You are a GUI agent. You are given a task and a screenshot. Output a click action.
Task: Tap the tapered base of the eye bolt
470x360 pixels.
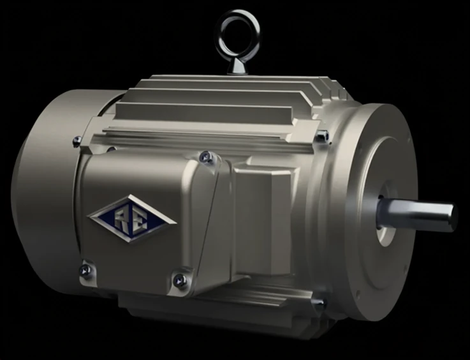(x=237, y=66)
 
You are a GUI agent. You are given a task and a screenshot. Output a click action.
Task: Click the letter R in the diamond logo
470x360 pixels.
(x=122, y=218)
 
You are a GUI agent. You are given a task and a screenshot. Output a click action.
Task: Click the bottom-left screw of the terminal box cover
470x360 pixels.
(x=85, y=270)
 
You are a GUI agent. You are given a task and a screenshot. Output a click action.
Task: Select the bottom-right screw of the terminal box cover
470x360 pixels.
(x=180, y=279)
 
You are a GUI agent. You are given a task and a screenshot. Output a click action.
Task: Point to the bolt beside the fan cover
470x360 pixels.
(x=78, y=140)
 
